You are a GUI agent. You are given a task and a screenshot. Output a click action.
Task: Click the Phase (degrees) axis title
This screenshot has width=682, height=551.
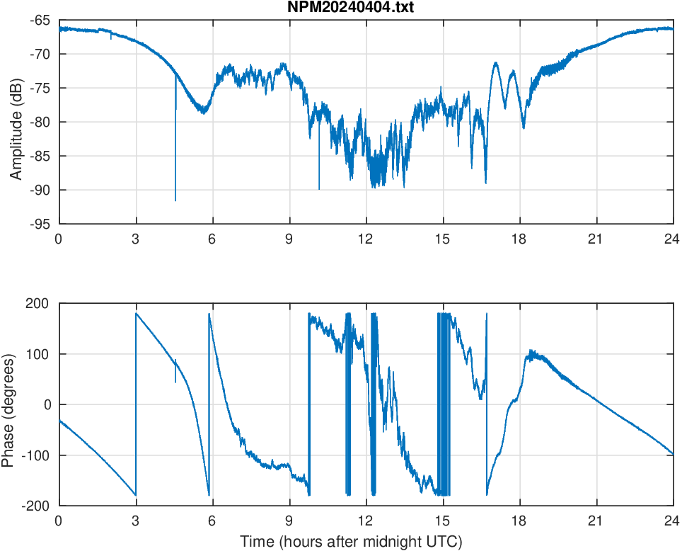click(8, 404)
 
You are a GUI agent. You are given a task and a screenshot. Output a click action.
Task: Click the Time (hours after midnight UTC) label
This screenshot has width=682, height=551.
click(351, 543)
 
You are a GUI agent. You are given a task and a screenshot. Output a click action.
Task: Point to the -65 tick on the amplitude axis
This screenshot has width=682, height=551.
click(40, 21)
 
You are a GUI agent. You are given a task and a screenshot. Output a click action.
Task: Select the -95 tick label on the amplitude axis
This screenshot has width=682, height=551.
click(40, 224)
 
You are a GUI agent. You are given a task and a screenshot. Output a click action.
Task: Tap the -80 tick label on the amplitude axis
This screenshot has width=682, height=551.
click(40, 122)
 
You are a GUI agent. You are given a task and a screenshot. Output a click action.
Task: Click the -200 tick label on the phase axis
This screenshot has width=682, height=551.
click(35, 506)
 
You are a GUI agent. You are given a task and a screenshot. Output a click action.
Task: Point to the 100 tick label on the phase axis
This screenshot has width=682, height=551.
click(37, 354)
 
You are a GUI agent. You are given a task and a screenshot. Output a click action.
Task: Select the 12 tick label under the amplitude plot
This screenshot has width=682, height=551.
click(366, 239)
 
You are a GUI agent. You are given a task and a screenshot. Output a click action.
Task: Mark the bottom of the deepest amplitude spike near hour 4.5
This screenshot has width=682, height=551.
click(175, 200)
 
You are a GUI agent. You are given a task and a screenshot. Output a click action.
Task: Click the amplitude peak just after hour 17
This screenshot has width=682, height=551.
click(496, 63)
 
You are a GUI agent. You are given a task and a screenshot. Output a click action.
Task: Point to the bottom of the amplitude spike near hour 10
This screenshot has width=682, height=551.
click(319, 188)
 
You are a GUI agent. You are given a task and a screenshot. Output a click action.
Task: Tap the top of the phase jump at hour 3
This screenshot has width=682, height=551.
click(136, 313)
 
